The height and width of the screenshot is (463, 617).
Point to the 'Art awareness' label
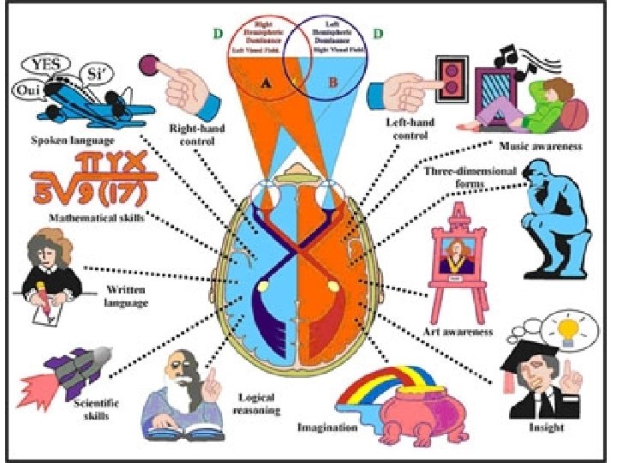(457, 331)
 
